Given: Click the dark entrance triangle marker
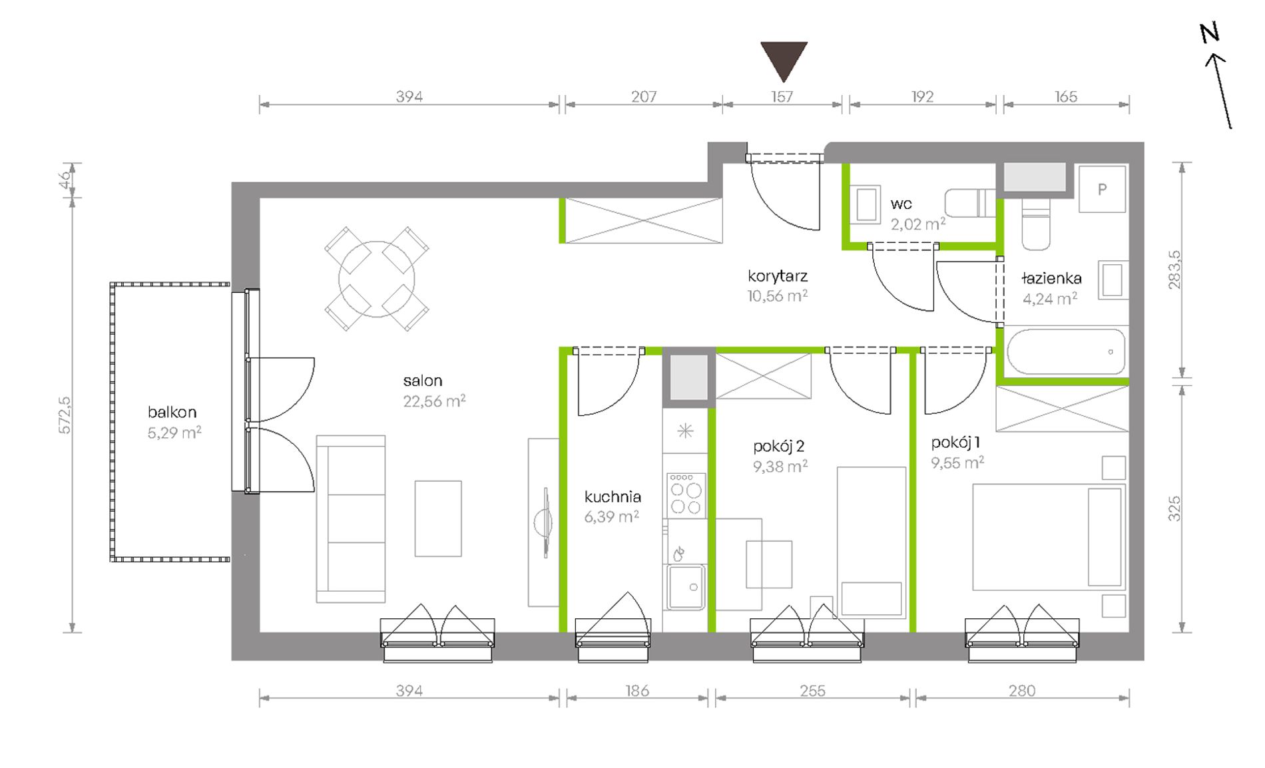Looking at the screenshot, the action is point(784,59).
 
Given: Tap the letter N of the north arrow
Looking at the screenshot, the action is point(1209,33).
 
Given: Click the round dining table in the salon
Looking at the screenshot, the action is point(377,279).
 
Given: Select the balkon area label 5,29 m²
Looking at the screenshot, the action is point(174,433).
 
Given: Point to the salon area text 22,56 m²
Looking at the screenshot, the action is point(434,401).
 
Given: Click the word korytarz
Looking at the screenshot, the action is point(778,276).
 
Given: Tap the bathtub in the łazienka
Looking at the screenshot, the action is point(1066,352).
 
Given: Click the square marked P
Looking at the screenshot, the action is point(1103,189).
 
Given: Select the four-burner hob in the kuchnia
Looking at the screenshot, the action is point(686,494).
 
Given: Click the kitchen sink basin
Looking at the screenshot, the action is point(686,586).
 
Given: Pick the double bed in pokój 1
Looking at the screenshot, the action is point(1049,537).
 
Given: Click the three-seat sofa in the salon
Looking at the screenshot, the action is point(350,519).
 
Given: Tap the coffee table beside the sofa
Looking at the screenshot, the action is point(438,518).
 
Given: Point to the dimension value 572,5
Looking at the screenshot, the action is point(65,415).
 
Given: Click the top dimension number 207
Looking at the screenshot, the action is point(644,97).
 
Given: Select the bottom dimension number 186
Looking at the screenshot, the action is point(637,691).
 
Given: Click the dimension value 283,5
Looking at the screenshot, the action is point(1174,270).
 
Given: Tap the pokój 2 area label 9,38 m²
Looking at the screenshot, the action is point(780,467).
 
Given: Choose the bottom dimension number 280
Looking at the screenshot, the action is point(1022,691).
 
